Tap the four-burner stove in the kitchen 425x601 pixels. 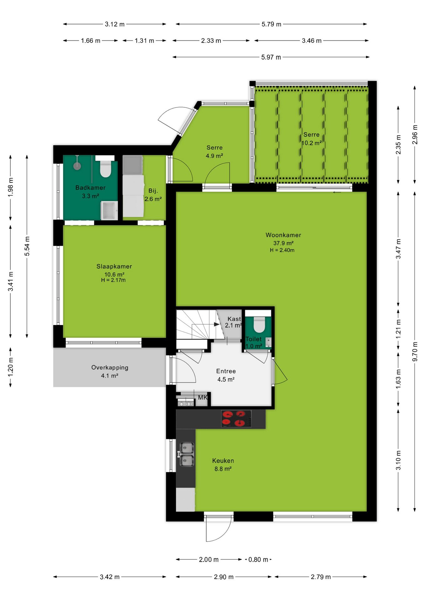click(236, 419)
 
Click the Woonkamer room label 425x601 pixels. click(283, 235)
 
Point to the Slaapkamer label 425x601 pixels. click(114, 266)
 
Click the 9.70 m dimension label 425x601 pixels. click(415, 351)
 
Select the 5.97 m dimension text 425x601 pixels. click(271, 57)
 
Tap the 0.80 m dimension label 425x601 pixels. click(258, 559)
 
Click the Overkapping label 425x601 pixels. click(110, 367)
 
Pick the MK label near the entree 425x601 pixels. click(203, 398)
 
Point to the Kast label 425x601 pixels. click(234, 319)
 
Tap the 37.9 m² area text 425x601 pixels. click(283, 243)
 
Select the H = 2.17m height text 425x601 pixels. click(113, 280)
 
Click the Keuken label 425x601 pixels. click(223, 461)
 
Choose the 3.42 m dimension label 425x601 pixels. click(110, 577)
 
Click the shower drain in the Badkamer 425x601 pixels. click(77, 166)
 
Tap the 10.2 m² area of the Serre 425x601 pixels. click(312, 143)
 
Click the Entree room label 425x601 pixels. click(226, 371)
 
